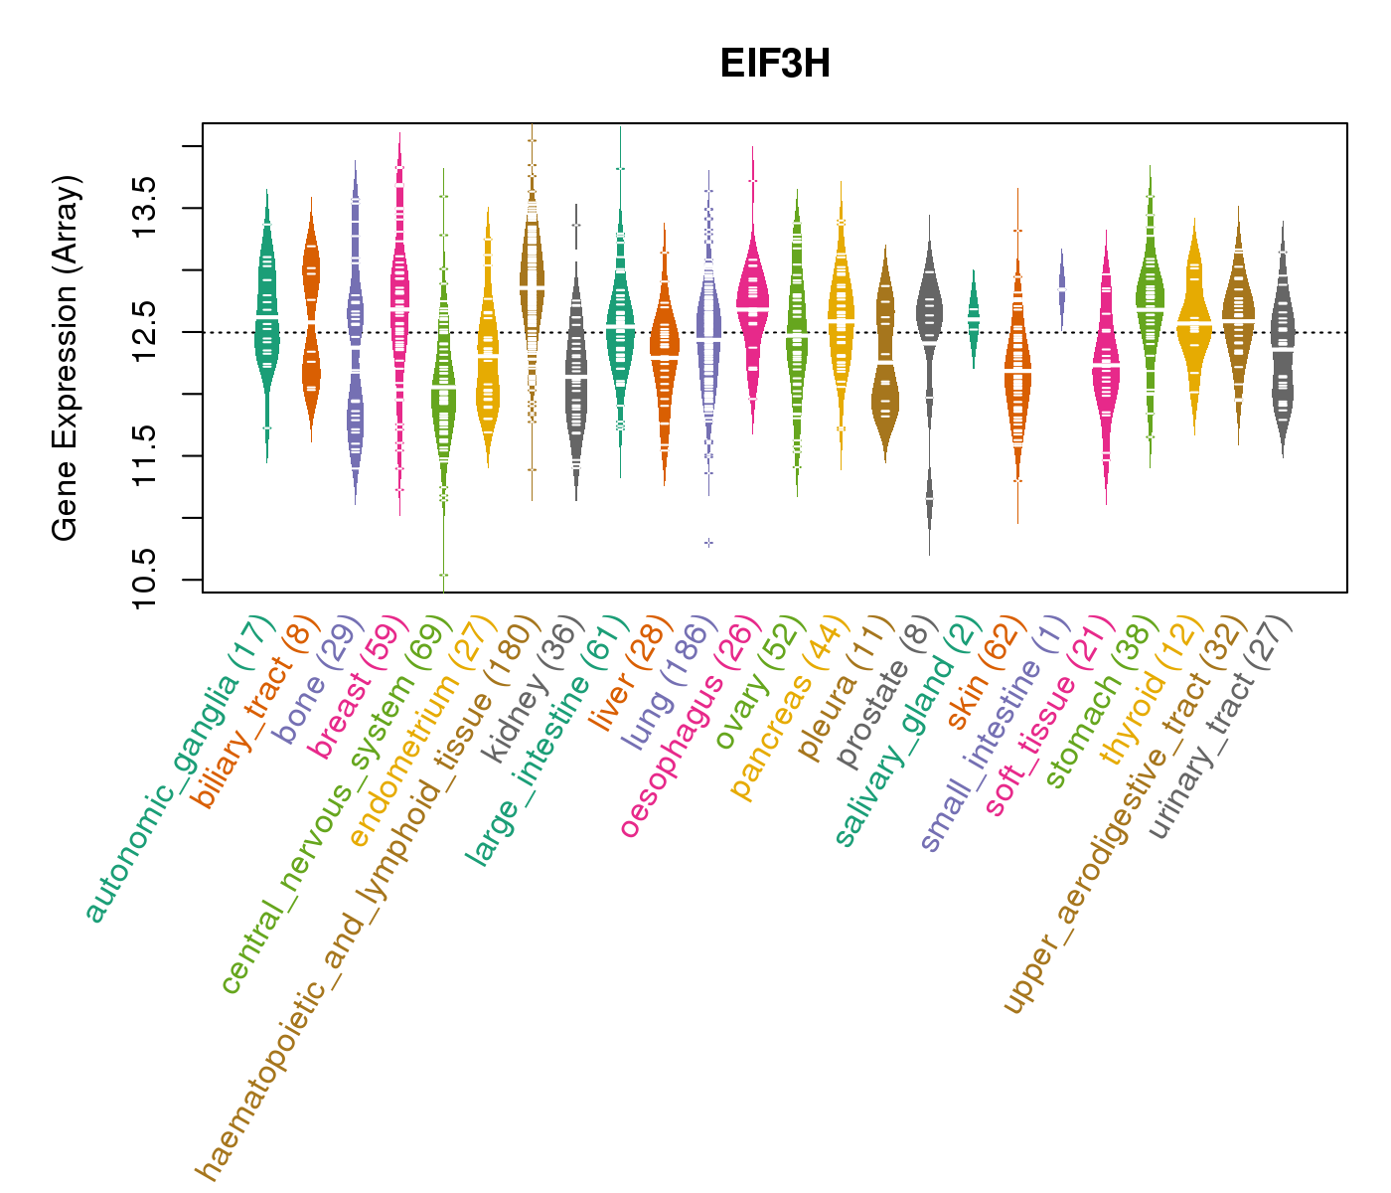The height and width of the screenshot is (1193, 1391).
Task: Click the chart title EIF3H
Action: pyautogui.click(x=775, y=65)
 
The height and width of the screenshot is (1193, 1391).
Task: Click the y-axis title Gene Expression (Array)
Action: pyautogui.click(x=66, y=358)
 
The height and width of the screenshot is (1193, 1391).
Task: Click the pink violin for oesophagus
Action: pyautogui.click(x=752, y=298)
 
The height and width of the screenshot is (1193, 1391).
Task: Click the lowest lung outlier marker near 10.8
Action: pyautogui.click(x=708, y=543)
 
